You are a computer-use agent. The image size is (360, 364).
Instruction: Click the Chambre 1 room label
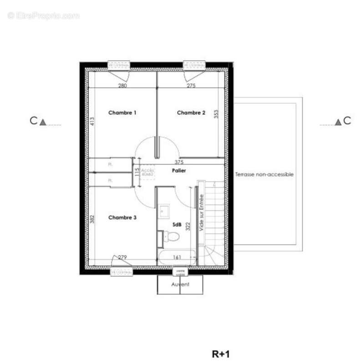coord(122,112)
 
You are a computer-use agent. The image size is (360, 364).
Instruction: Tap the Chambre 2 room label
coord(191,113)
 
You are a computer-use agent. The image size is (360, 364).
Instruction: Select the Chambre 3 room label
coord(122,218)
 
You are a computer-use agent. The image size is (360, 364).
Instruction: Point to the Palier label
coord(179,171)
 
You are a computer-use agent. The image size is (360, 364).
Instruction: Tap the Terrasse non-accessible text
coord(264,174)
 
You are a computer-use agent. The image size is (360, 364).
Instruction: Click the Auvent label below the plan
coord(180,284)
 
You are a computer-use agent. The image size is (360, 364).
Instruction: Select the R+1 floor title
coord(221,354)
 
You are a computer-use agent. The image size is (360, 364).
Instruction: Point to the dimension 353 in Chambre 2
coord(217,114)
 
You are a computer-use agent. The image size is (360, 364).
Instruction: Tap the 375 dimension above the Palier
coord(180,162)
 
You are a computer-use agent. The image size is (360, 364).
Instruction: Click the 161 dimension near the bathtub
coord(177,258)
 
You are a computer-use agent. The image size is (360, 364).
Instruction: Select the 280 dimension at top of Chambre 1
coord(122,86)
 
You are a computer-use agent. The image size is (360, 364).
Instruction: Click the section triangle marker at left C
coord(43,122)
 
